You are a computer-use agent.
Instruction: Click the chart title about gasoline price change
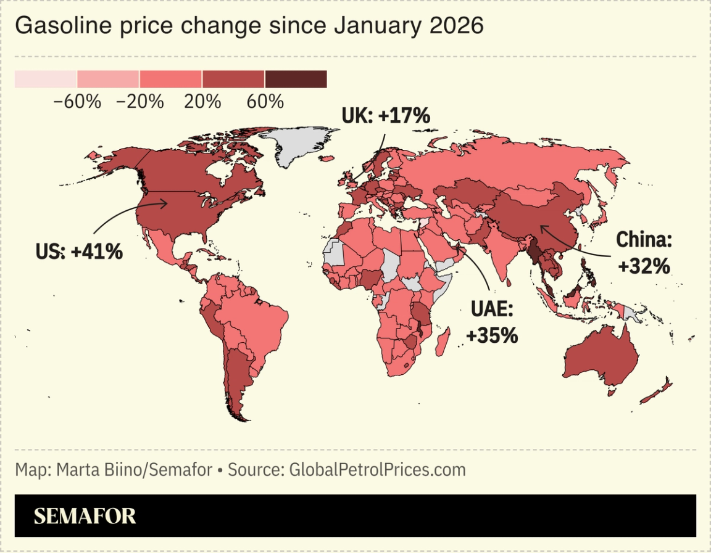(249, 27)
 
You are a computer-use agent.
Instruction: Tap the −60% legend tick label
(77, 102)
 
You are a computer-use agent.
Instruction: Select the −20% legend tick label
(139, 102)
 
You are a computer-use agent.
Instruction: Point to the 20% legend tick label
(202, 102)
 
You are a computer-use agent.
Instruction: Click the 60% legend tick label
(265, 102)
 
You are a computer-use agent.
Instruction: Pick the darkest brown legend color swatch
(296, 79)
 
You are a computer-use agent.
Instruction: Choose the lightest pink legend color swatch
(46, 79)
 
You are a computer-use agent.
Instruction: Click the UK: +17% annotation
(386, 115)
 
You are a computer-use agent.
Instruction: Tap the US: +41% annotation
(79, 251)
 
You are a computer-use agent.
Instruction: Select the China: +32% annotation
(643, 253)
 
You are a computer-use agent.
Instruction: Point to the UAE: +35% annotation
(493, 322)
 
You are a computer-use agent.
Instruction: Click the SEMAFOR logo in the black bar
(85, 516)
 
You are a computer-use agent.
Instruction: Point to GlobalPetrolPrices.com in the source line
(374, 470)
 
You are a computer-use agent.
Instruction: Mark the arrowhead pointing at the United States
(165, 203)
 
